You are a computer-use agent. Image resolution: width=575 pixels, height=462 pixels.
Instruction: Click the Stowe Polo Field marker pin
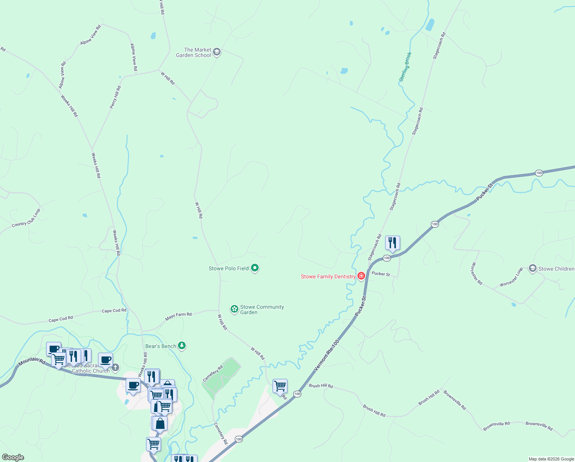254,268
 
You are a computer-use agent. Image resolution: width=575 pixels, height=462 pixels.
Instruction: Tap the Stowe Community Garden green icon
234,309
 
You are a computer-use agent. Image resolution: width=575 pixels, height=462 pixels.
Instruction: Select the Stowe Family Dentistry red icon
361,276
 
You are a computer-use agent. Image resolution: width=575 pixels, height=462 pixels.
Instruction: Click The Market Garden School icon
217,52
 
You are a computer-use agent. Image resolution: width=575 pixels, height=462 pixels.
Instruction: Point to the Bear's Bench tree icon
182,346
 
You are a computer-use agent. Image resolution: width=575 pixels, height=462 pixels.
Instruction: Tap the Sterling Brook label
405,67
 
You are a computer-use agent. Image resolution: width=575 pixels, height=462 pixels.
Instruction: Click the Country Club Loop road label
26,218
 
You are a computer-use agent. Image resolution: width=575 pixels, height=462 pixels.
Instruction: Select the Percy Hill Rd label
115,97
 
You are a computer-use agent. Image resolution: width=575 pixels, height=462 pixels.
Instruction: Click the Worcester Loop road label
511,277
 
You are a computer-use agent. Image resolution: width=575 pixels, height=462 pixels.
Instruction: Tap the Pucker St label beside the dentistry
381,274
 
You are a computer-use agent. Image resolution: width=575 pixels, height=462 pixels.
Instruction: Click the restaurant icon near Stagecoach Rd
392,243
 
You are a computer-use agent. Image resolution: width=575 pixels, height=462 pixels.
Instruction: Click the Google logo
13,457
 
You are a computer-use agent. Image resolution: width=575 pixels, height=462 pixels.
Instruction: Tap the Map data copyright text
551,459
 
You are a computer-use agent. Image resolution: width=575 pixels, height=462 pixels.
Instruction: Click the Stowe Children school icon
532,268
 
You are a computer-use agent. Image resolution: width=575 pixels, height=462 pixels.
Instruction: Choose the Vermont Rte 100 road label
327,355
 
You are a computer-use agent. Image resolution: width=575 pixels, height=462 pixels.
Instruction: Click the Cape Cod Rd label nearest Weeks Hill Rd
114,310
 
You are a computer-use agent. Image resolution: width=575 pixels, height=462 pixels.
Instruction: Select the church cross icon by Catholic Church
115,367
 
